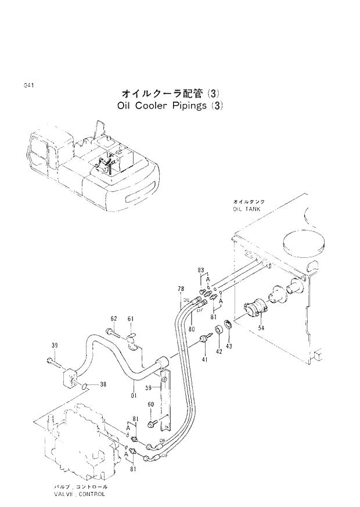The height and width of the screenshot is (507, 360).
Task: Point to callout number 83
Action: (x=201, y=270)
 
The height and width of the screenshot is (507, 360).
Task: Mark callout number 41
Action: (x=204, y=360)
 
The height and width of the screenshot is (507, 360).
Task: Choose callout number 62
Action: (x=114, y=318)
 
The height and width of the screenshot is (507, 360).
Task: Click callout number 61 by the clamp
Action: (x=131, y=318)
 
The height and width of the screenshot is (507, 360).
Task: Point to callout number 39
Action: (x=54, y=346)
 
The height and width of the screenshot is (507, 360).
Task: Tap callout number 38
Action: (x=103, y=384)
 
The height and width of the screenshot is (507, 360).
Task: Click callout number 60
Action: (x=150, y=404)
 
